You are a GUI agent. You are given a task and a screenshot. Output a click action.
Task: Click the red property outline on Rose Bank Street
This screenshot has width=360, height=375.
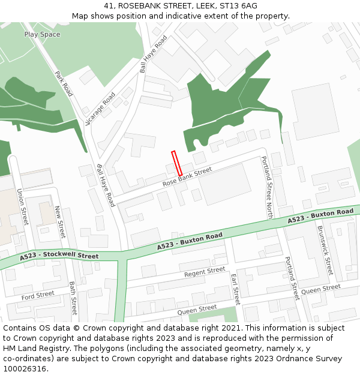click(177, 163)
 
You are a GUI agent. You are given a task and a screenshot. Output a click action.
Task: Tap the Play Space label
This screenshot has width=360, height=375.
click(42, 34)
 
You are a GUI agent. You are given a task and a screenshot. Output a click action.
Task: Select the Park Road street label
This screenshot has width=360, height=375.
click(64, 84)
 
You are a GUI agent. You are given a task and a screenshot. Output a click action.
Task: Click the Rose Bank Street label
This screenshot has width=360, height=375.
click(187, 176)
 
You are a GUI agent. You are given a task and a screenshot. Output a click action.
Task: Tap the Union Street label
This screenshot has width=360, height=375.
click(22, 207)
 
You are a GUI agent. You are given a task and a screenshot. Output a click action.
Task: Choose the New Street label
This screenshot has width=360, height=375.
click(59, 222)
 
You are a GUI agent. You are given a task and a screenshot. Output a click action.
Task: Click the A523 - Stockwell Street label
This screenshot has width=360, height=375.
click(59, 257)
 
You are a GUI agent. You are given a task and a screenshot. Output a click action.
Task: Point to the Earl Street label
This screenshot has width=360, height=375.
click(235, 289)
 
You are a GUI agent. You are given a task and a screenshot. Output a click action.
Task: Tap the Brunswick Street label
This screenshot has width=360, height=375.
click(325, 250)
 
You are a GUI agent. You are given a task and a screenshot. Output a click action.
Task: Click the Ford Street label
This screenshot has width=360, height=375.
click(38, 295)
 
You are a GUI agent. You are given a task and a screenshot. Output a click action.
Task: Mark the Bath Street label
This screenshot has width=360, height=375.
click(73, 298)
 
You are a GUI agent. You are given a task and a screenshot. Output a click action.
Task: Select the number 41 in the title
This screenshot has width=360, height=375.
click(109, 6)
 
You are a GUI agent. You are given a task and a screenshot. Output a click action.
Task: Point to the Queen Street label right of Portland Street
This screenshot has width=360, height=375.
click(320, 289)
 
